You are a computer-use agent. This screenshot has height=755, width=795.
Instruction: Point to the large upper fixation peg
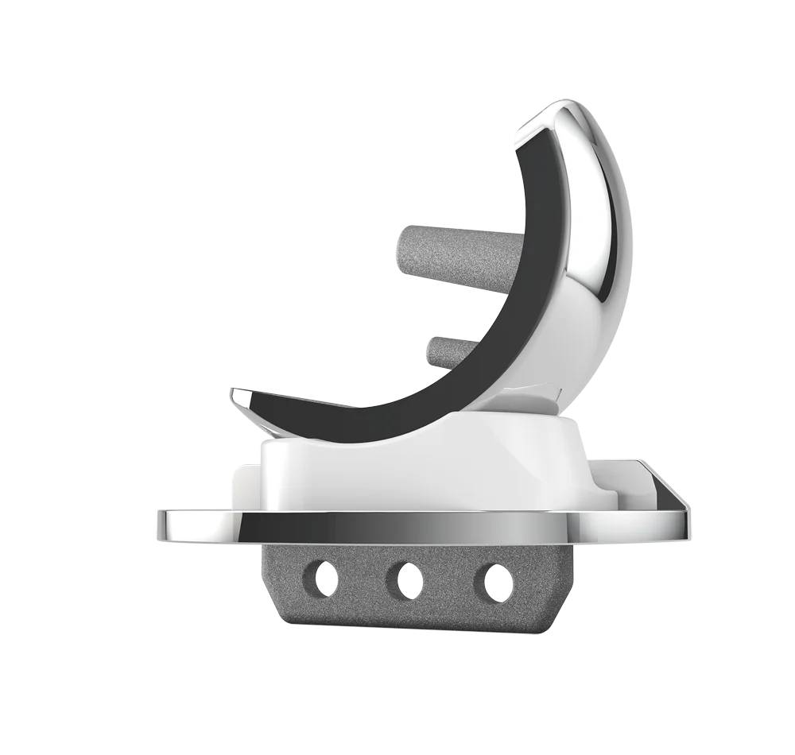[453, 248]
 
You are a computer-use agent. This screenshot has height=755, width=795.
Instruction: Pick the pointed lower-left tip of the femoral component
[234, 395]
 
